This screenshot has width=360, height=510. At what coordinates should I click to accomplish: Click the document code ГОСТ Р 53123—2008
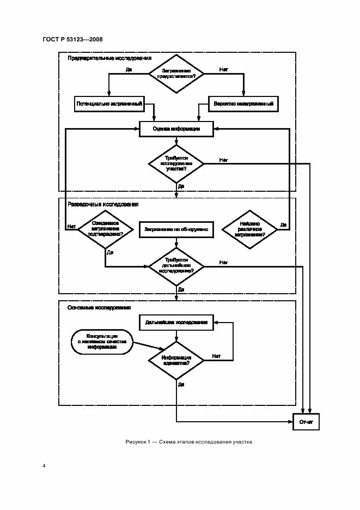[x=72, y=39]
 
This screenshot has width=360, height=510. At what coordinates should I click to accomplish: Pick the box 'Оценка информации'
[x=176, y=129]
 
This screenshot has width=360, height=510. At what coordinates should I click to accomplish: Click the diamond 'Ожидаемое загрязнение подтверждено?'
[x=105, y=230]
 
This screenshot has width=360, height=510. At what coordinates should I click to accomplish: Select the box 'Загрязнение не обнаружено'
[x=176, y=230]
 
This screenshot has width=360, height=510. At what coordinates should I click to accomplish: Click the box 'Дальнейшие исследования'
[x=176, y=322]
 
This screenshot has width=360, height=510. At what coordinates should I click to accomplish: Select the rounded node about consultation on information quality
[x=101, y=342]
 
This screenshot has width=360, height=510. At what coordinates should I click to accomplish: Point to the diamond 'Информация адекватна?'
[x=176, y=360]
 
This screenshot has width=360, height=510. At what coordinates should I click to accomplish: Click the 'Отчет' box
[x=306, y=422]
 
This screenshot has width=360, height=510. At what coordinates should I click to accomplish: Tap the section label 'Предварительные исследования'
[x=109, y=58]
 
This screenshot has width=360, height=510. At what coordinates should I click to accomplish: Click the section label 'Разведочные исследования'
[x=103, y=204]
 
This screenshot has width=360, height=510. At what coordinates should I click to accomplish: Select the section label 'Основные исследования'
[x=99, y=307]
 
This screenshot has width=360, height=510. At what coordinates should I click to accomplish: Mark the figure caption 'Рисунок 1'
[x=188, y=442]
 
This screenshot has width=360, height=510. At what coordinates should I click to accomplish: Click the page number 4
[x=44, y=466]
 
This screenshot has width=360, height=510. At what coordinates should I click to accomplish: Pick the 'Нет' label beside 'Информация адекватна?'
[x=216, y=356]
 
